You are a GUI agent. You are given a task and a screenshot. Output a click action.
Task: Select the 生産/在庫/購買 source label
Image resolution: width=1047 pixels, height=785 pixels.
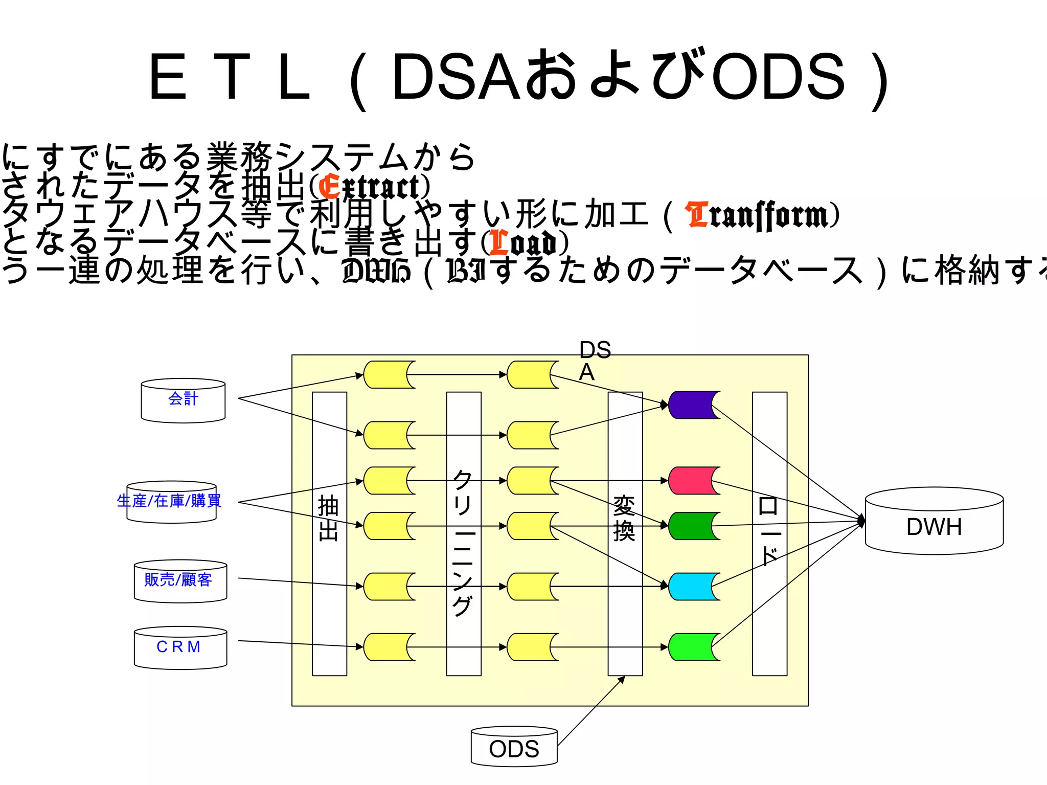[x=169, y=501]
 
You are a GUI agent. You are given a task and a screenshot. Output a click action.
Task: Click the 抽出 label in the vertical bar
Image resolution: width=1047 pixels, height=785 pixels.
[x=329, y=518]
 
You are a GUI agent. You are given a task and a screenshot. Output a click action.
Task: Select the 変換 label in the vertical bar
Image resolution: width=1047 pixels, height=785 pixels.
[x=624, y=519]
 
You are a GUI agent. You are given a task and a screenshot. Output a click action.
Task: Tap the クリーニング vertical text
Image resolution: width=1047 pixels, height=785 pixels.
[x=463, y=542]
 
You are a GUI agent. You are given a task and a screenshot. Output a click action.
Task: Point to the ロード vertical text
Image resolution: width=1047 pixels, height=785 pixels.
[x=769, y=532]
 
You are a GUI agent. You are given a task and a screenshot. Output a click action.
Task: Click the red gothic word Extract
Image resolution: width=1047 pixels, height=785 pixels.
[x=372, y=187]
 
